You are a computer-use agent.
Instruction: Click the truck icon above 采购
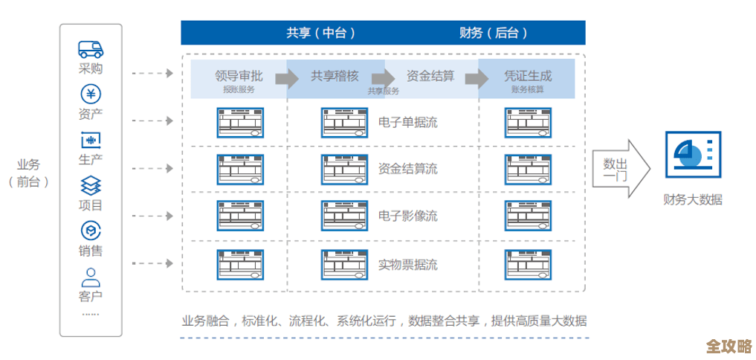pos(90,49)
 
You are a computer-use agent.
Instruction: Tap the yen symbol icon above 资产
pos(90,94)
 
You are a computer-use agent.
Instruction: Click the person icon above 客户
pos(90,277)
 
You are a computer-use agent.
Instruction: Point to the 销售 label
pos(90,251)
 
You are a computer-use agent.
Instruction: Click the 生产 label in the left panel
pos(90,159)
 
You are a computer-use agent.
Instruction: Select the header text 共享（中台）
pos(320,33)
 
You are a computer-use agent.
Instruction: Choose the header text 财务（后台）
pos(494,33)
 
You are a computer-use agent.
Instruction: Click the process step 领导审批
pos(239,76)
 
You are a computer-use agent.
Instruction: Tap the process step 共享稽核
pos(335,76)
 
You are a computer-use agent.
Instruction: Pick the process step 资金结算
pos(430,76)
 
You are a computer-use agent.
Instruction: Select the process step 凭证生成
pos(528,76)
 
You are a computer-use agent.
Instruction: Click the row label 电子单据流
pos(408,123)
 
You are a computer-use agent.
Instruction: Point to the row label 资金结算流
pos(408,169)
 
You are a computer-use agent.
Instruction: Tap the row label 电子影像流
pos(408,216)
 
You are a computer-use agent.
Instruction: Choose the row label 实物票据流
pos(408,264)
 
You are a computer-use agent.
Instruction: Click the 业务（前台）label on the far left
pos(29,173)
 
